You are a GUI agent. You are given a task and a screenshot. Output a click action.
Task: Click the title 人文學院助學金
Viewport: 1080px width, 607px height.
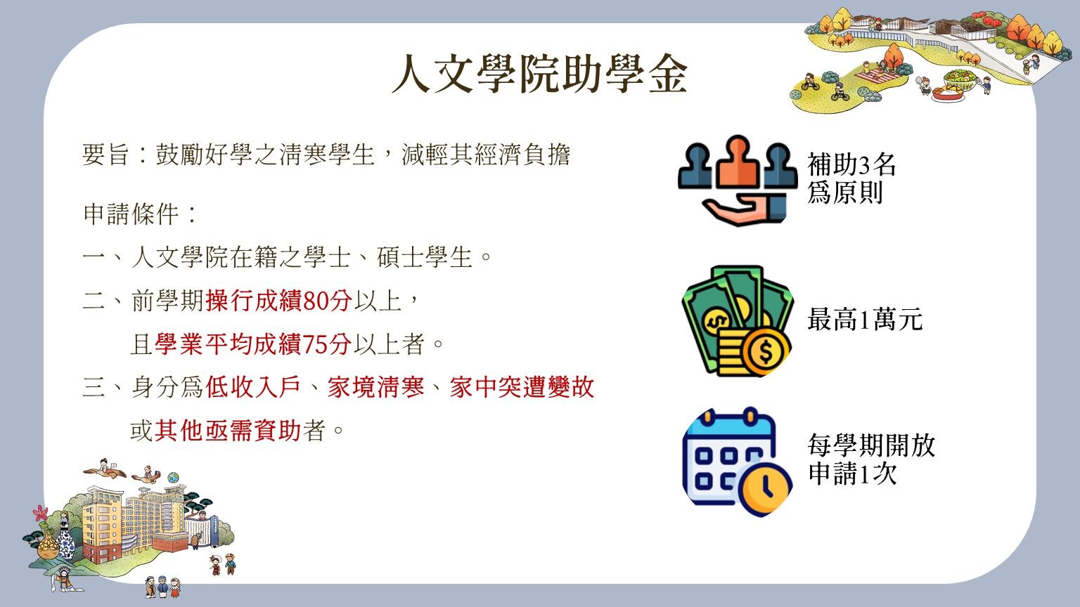tap(540, 74)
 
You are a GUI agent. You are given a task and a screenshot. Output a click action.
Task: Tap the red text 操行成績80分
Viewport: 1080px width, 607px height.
tap(279, 301)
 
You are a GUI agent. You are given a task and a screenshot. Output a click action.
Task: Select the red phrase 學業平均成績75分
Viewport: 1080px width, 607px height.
tap(253, 344)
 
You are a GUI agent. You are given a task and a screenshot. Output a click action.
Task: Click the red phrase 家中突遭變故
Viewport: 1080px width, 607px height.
tap(522, 387)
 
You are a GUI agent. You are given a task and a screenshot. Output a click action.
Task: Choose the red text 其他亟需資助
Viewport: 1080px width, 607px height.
tap(228, 430)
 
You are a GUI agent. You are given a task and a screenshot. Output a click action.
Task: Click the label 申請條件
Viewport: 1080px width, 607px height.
tap(131, 214)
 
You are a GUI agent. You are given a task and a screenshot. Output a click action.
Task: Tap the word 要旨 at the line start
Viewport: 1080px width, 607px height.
tap(106, 155)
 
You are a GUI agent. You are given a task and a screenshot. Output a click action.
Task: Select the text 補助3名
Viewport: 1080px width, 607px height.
tap(851, 165)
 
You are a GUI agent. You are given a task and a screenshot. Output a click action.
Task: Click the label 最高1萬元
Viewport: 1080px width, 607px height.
tap(865, 319)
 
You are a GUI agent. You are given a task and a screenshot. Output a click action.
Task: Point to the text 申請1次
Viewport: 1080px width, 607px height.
tap(852, 474)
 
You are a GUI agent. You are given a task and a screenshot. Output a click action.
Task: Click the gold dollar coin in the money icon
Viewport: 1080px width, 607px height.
tap(766, 351)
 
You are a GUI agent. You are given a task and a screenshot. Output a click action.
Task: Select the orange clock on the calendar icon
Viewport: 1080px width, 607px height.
tap(765, 488)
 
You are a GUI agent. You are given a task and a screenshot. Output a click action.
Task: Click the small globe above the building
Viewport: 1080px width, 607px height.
tap(174, 478)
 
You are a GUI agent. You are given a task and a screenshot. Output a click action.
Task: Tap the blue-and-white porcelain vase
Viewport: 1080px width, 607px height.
tap(66, 542)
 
